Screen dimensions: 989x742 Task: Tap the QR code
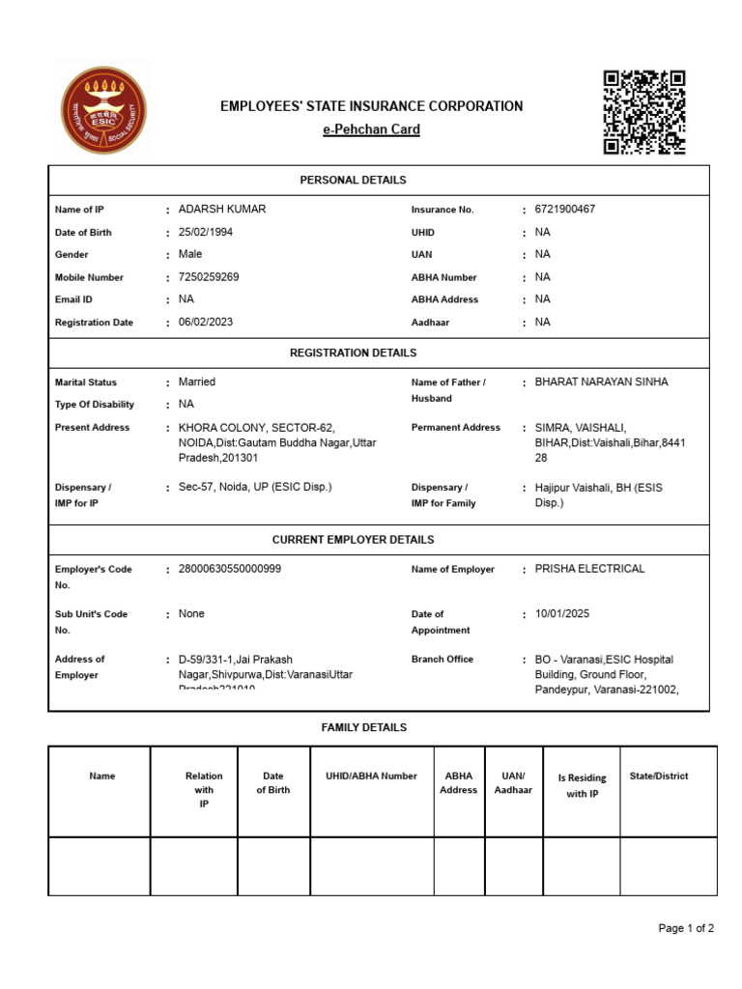[644, 113]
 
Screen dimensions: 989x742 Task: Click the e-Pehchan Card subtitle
[371, 129]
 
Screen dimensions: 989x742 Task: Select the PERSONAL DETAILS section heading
[353, 180]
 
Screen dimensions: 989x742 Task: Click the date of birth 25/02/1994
[206, 232]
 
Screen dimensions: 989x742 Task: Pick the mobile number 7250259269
[209, 277]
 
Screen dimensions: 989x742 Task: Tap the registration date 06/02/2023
[206, 322]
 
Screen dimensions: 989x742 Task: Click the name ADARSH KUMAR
[222, 210]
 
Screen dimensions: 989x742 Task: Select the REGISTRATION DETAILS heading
[353, 353]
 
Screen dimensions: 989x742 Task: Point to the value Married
[197, 382]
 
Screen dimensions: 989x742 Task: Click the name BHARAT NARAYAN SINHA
[601, 382]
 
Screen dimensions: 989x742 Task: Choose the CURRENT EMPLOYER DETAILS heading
[353, 540]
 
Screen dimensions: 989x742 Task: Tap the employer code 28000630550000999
[230, 569]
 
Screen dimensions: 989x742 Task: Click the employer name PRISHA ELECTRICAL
[589, 569]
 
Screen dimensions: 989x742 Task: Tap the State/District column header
[658, 776]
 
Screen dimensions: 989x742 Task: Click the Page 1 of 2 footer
[686, 929]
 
